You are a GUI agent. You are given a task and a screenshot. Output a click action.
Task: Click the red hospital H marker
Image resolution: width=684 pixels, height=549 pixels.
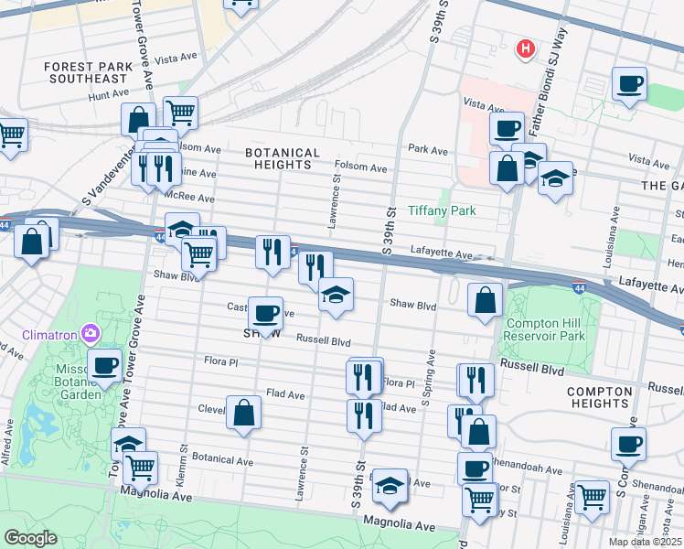pos(526,48)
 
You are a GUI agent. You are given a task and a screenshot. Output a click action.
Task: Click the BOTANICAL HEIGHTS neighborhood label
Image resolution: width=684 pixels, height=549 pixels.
pos(283,158)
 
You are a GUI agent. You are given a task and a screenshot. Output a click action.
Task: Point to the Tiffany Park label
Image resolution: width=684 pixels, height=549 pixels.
pos(442,210)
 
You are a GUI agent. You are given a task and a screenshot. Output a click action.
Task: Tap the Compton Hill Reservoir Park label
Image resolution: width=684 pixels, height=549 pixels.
pos(545,329)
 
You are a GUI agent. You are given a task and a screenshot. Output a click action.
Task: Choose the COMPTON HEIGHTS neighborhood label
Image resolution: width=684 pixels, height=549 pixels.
pos(599,397)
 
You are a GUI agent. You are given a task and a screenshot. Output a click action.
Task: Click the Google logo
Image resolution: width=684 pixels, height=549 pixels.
pos(30,538)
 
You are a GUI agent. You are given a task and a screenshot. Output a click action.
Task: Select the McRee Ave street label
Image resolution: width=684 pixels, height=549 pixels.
pos(189,197)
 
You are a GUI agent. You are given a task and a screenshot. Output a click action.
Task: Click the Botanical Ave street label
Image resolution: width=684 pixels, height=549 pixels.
pos(222,461)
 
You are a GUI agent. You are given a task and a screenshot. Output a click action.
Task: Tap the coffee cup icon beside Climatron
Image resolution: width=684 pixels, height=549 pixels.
pos(104,364)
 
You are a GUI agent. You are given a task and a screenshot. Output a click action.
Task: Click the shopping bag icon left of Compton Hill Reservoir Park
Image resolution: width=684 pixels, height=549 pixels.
pos(485,299)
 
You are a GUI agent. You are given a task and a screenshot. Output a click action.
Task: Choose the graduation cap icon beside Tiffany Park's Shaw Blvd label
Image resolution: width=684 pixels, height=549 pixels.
pos(336,295)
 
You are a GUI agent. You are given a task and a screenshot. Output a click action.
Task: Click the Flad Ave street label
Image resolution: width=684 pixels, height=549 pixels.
pos(285,394)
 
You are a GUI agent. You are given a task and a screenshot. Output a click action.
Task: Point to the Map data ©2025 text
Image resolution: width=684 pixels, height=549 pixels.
pos(644,542)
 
